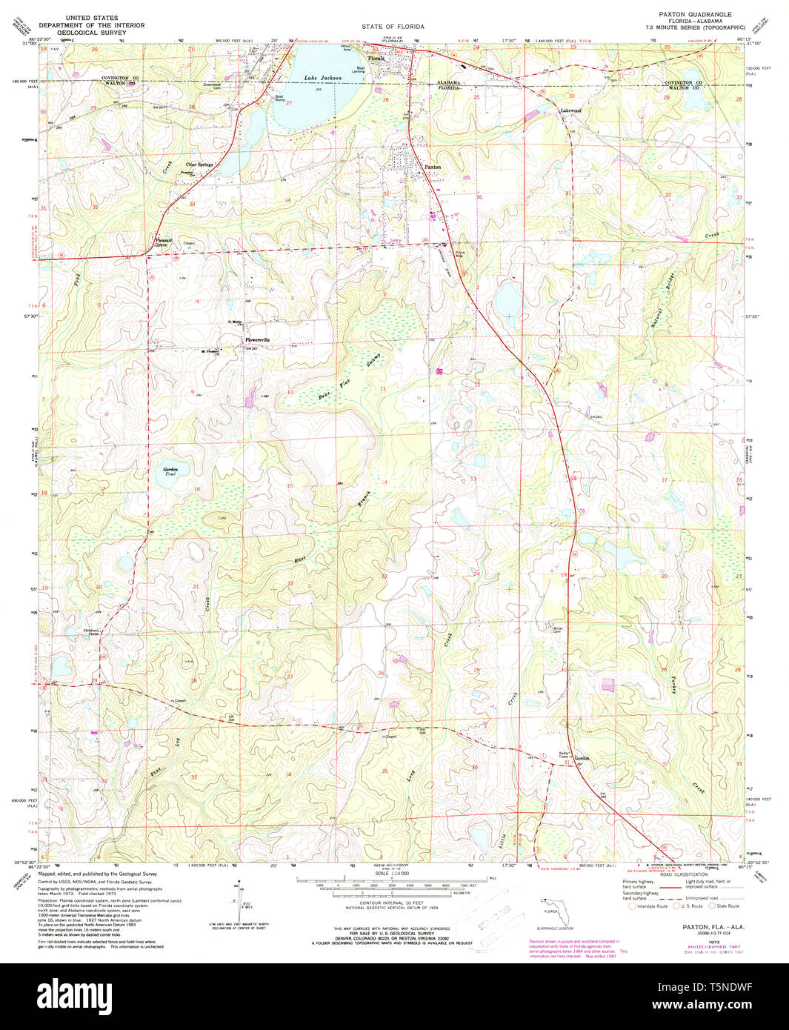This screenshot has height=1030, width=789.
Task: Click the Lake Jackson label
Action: tap(322, 78)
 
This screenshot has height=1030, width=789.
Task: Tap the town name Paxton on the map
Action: tap(432, 167)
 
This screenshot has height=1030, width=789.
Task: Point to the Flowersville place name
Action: tap(257, 340)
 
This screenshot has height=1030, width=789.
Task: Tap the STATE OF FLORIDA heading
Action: tap(393, 26)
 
